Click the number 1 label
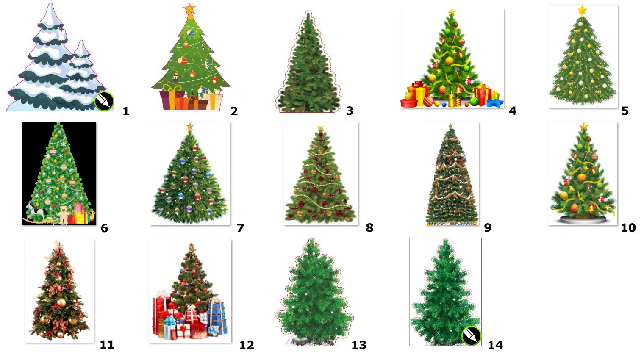tap(126, 111)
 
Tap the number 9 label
tap(488, 227)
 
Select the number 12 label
tap(247, 345)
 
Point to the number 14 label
tap(495, 345)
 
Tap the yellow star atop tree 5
tap(582, 11)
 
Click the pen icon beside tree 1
tap(104, 101)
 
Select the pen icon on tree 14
tap(471, 335)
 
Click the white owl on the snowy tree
tap(61, 35)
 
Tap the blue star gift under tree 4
tap(495, 103)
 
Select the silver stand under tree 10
tap(583, 220)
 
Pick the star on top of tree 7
tap(189, 126)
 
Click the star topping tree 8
tap(321, 128)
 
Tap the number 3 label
tap(350, 111)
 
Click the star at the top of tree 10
tap(584, 126)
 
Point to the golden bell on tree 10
tap(591, 208)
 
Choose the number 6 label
tap(104, 228)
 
